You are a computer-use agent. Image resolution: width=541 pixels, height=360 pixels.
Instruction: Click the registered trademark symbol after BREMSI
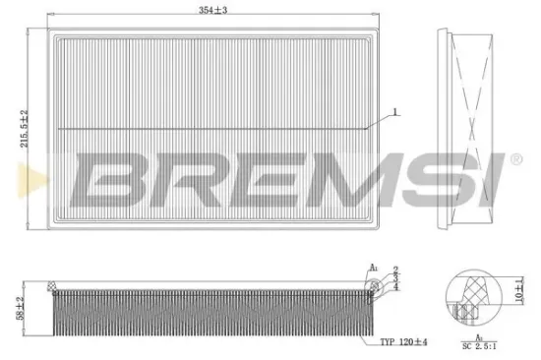(x=513, y=158)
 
